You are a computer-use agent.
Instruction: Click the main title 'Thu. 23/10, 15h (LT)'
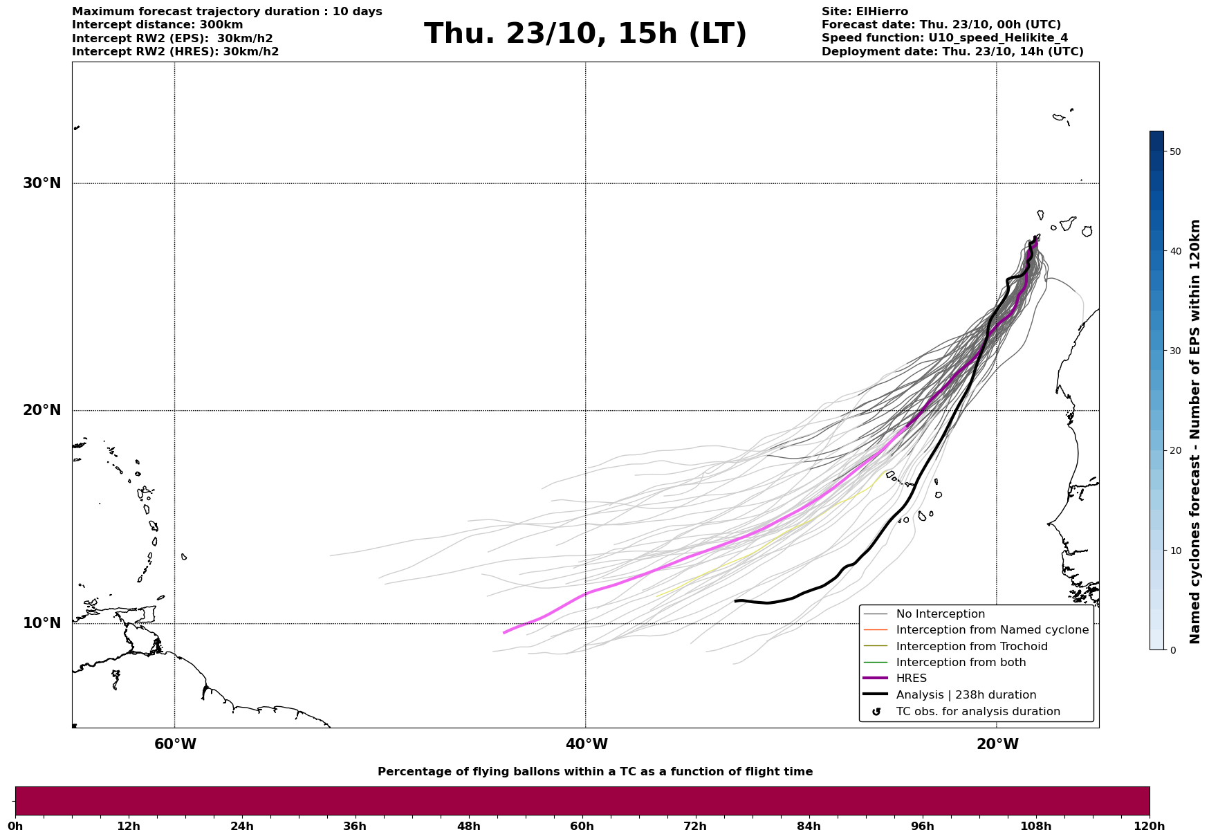(585, 34)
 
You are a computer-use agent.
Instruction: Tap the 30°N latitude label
(41, 183)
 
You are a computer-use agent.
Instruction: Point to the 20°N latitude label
(41, 410)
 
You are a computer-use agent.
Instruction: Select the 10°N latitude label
(41, 623)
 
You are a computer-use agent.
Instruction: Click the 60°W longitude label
(175, 744)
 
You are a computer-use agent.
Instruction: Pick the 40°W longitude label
(587, 744)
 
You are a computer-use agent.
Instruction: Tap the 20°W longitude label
(997, 744)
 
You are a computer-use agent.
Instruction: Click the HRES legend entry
(911, 679)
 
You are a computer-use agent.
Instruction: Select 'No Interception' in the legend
(940, 614)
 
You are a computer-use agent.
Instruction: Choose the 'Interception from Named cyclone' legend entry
(992, 630)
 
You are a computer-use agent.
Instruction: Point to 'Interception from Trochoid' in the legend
(971, 647)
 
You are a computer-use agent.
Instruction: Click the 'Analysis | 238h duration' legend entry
(966, 695)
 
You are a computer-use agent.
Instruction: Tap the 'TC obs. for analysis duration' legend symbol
(876, 712)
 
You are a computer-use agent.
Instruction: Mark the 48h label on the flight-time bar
(468, 827)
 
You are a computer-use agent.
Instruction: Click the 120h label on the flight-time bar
(1150, 827)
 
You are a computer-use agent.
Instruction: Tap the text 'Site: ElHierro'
(865, 12)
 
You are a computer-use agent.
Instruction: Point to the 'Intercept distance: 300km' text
(158, 25)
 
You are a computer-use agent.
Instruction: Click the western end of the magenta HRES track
(505, 632)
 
